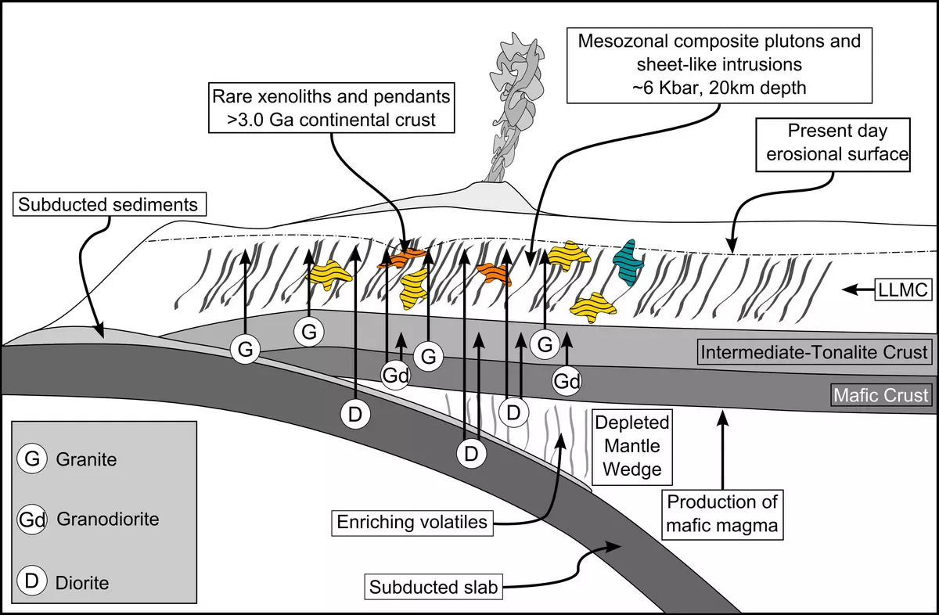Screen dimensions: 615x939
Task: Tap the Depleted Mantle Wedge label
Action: pos(633,446)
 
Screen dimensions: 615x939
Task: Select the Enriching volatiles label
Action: pos(414,522)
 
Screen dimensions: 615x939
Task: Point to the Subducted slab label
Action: pos(433,586)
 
